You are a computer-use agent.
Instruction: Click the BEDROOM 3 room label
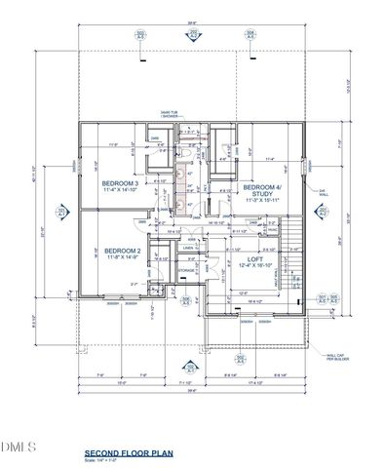coord(122,182)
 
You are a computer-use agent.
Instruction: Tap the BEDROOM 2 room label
coord(123,251)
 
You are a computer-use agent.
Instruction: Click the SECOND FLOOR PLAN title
coord(127,452)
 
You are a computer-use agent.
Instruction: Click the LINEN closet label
coord(189,248)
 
